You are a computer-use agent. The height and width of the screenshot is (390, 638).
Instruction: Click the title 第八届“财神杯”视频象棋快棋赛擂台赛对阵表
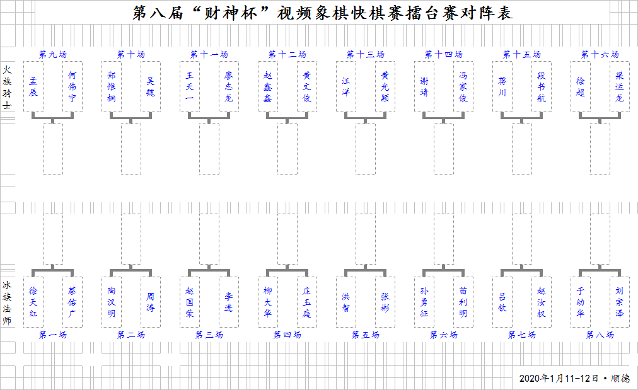coord(322,13)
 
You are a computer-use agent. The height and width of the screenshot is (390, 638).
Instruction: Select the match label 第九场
coord(53,54)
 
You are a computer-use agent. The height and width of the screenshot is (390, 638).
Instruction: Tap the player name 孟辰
coord(33,86)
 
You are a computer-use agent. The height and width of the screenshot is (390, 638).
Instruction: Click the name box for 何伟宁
coord(72,86)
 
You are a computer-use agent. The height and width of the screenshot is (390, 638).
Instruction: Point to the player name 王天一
coord(190,86)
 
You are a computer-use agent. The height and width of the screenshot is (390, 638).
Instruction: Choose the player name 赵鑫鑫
coord(268,86)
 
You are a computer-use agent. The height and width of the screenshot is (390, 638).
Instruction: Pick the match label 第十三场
coord(366,54)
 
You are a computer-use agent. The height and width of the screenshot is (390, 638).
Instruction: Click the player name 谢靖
coord(424,86)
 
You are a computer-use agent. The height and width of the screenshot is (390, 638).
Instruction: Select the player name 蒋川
coord(502,86)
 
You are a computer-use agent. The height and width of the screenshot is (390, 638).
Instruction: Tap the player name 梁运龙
coord(619,86)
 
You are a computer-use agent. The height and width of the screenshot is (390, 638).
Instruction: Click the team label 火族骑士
coord(7,88)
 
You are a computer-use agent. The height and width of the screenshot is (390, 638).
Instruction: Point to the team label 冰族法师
coord(7,303)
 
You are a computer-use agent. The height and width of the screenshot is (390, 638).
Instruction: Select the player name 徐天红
coord(33,302)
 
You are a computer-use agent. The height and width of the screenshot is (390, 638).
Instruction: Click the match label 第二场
coord(131,335)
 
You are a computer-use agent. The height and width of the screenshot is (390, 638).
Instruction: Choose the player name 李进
coord(229,302)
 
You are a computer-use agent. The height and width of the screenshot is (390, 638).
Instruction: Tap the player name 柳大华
coord(268,302)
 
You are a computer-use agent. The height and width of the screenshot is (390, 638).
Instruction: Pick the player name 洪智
coord(346,302)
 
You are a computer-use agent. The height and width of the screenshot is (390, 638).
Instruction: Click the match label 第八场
coord(600,335)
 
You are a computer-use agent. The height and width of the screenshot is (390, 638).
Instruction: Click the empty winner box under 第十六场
coord(600,149)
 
